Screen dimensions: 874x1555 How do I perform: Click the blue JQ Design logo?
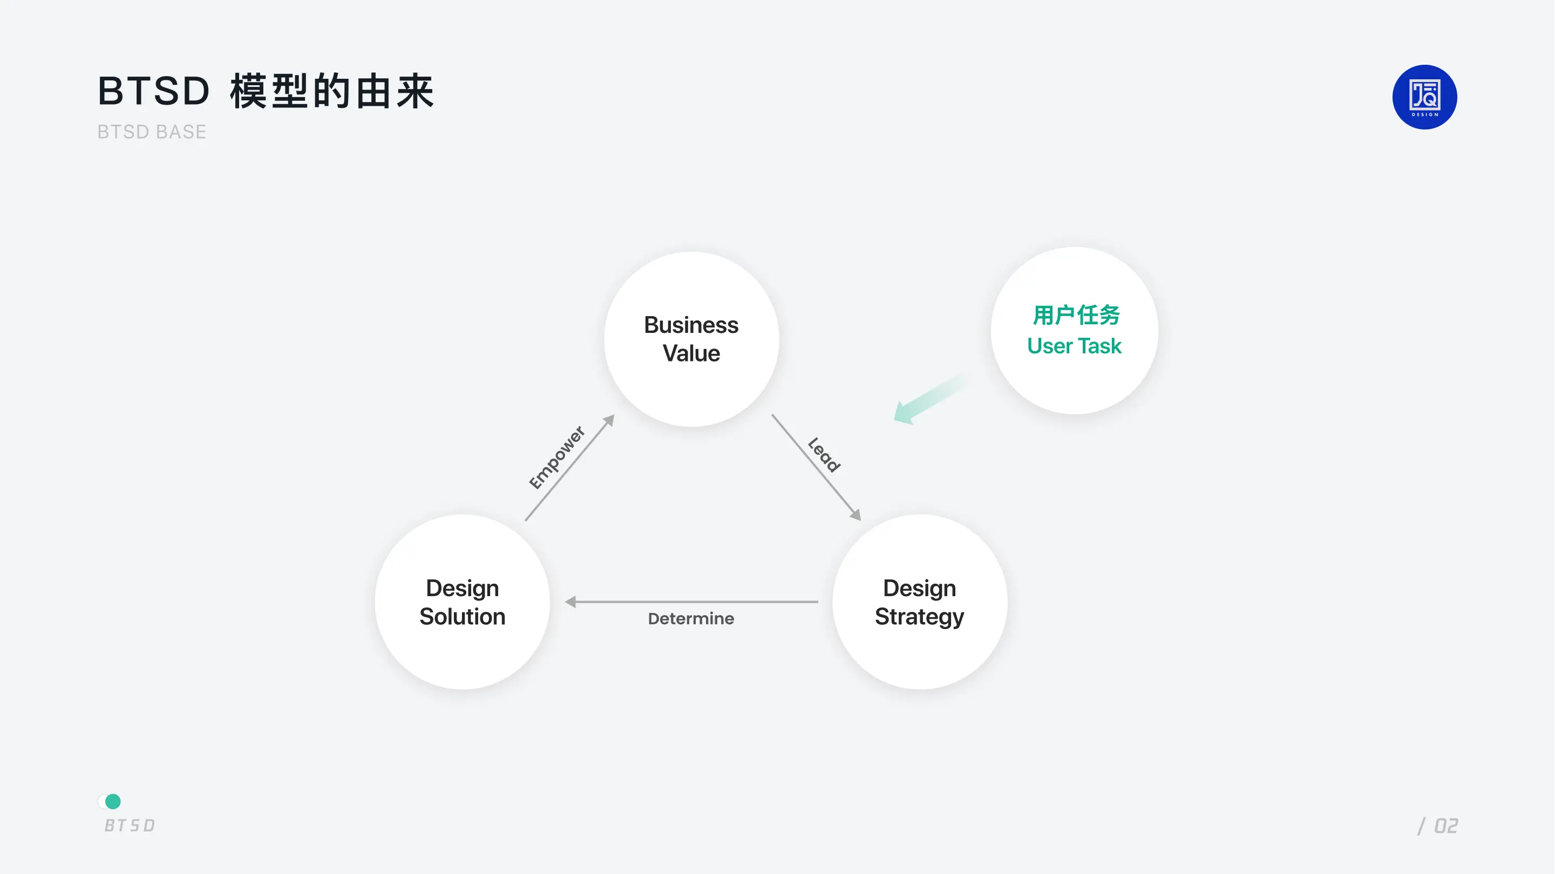[1424, 97]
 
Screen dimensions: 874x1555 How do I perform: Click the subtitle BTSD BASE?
[152, 132]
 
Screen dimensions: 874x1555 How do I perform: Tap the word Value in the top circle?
[691, 353]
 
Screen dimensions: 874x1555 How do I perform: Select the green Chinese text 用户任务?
[1076, 315]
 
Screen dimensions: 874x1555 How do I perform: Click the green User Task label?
[1074, 346]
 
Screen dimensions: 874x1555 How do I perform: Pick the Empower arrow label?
[556, 457]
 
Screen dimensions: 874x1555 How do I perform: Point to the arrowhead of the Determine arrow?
[571, 602]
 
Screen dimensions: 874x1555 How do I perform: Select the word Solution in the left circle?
[463, 616]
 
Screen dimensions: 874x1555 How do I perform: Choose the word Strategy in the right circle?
[919, 617]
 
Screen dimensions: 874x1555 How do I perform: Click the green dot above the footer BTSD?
[113, 801]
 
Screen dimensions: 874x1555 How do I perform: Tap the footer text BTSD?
[130, 825]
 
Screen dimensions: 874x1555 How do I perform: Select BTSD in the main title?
[154, 91]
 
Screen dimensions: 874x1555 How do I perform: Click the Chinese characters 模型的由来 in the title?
[331, 91]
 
